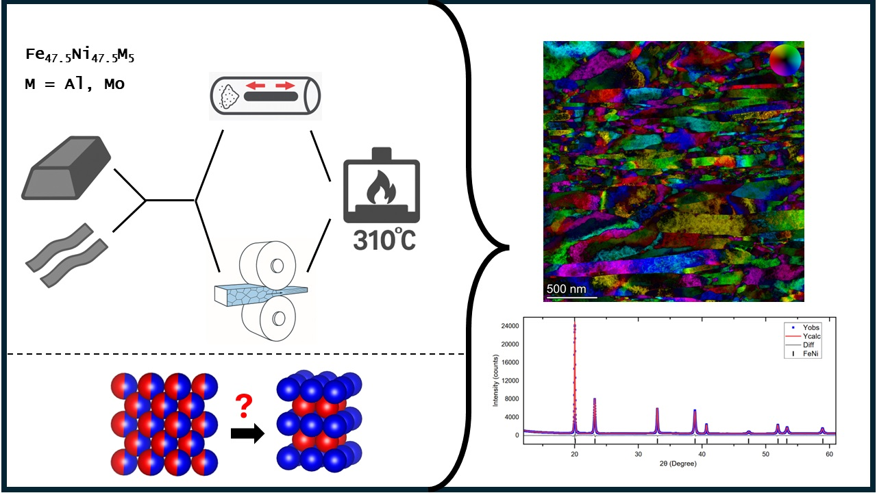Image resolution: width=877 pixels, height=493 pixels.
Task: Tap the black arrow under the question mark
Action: tap(247, 433)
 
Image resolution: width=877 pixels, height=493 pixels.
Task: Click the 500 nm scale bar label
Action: tap(567, 289)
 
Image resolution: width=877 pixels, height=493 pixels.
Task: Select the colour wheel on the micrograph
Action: tap(785, 61)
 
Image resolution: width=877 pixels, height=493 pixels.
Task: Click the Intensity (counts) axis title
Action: tap(495, 380)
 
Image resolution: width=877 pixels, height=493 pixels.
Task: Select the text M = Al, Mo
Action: tap(75, 85)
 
